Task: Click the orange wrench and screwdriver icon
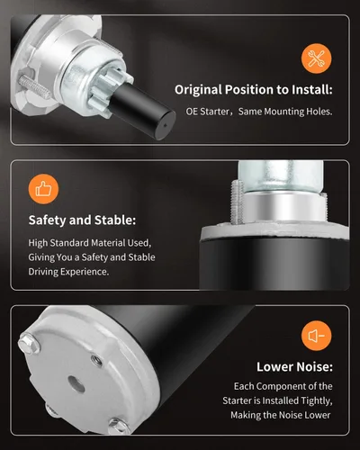[317, 58]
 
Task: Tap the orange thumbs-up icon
[43, 189]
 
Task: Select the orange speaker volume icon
[317, 336]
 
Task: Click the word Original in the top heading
[198, 90]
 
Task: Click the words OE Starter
[207, 112]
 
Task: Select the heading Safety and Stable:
[82, 220]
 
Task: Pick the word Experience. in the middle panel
[85, 272]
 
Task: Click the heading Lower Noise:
[294, 366]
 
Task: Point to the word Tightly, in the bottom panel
[317, 400]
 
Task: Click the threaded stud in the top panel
[35, 86]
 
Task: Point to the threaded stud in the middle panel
[237, 202]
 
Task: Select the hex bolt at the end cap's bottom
[119, 426]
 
